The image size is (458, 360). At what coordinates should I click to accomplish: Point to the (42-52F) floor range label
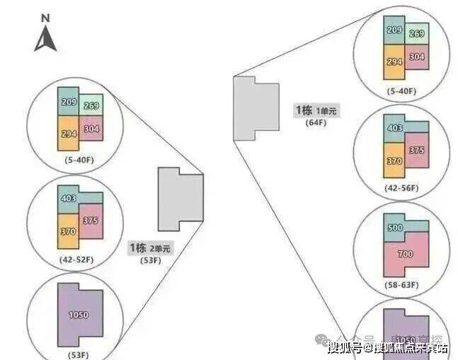point(77,260)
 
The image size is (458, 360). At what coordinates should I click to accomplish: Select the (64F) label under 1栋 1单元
point(314,123)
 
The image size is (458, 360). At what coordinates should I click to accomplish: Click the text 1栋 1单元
point(316,111)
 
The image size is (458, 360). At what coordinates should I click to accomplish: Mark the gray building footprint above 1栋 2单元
point(180,199)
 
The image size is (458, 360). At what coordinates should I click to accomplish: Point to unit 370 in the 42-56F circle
point(394,160)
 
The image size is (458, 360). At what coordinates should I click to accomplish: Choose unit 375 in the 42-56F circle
point(418,149)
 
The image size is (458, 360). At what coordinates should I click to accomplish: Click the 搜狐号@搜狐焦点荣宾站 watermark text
point(387,347)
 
